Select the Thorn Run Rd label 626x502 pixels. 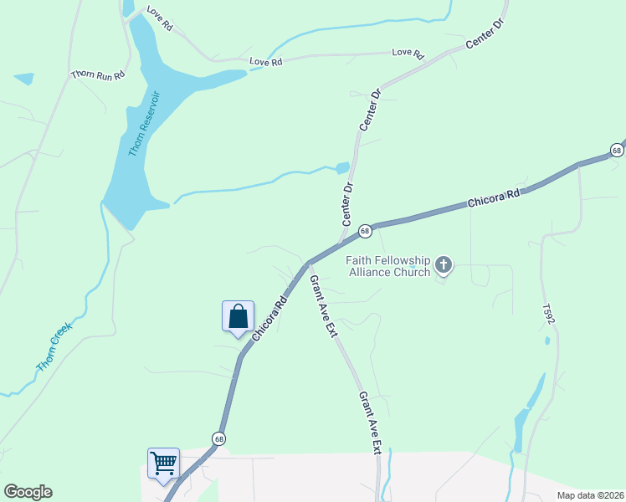(98, 74)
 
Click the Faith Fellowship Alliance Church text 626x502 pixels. (389, 265)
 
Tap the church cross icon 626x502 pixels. (444, 266)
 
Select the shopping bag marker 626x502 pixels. (238, 316)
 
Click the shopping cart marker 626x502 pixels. (163, 462)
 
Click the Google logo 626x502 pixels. (28, 492)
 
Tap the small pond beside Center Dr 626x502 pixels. (342, 167)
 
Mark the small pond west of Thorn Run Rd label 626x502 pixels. (24, 79)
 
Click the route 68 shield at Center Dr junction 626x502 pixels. (365, 230)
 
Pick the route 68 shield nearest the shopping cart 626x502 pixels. (218, 438)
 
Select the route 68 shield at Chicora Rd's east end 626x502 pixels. (617, 151)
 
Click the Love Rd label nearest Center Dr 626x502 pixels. (408, 53)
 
